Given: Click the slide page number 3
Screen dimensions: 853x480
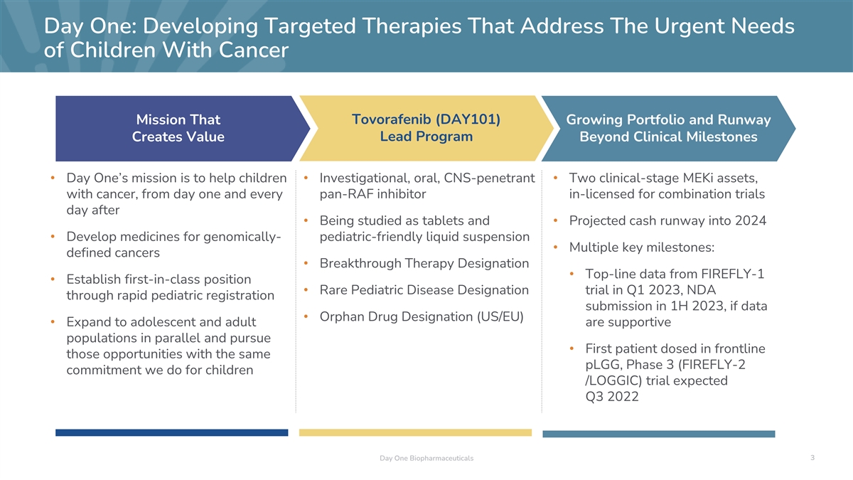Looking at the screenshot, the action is pyautogui.click(x=812, y=457).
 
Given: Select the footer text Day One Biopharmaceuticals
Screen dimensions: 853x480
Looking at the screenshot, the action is pyautogui.click(x=426, y=458).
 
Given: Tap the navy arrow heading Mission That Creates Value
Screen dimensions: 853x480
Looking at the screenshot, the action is pyautogui.click(x=178, y=129).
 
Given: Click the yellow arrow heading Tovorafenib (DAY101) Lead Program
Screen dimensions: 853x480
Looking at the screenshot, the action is pyautogui.click(x=426, y=128).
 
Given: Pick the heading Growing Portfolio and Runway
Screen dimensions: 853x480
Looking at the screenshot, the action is pyautogui.click(x=668, y=119).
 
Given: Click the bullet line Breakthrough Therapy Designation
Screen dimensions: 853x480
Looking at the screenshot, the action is pyautogui.click(x=424, y=263).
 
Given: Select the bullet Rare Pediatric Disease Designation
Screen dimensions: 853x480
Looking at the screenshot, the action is pyautogui.click(x=424, y=290).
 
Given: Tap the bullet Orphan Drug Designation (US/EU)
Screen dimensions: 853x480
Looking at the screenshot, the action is pyautogui.click(x=422, y=316).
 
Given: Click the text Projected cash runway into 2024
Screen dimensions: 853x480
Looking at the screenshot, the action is pyautogui.click(x=667, y=220).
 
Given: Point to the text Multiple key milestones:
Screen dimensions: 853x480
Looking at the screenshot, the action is pyautogui.click(x=642, y=247).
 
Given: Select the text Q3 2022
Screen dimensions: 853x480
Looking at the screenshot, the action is pyautogui.click(x=612, y=397).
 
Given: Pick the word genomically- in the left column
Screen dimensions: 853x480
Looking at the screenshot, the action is pyautogui.click(x=242, y=237).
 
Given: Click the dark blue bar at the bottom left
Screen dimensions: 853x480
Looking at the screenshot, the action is pyautogui.click(x=172, y=432).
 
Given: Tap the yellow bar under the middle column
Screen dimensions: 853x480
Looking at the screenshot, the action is pyautogui.click(x=415, y=432).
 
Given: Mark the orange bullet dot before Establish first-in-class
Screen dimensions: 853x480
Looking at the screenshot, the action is pyautogui.click(x=53, y=279).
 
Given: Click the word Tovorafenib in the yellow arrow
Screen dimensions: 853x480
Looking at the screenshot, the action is pyautogui.click(x=391, y=119).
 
